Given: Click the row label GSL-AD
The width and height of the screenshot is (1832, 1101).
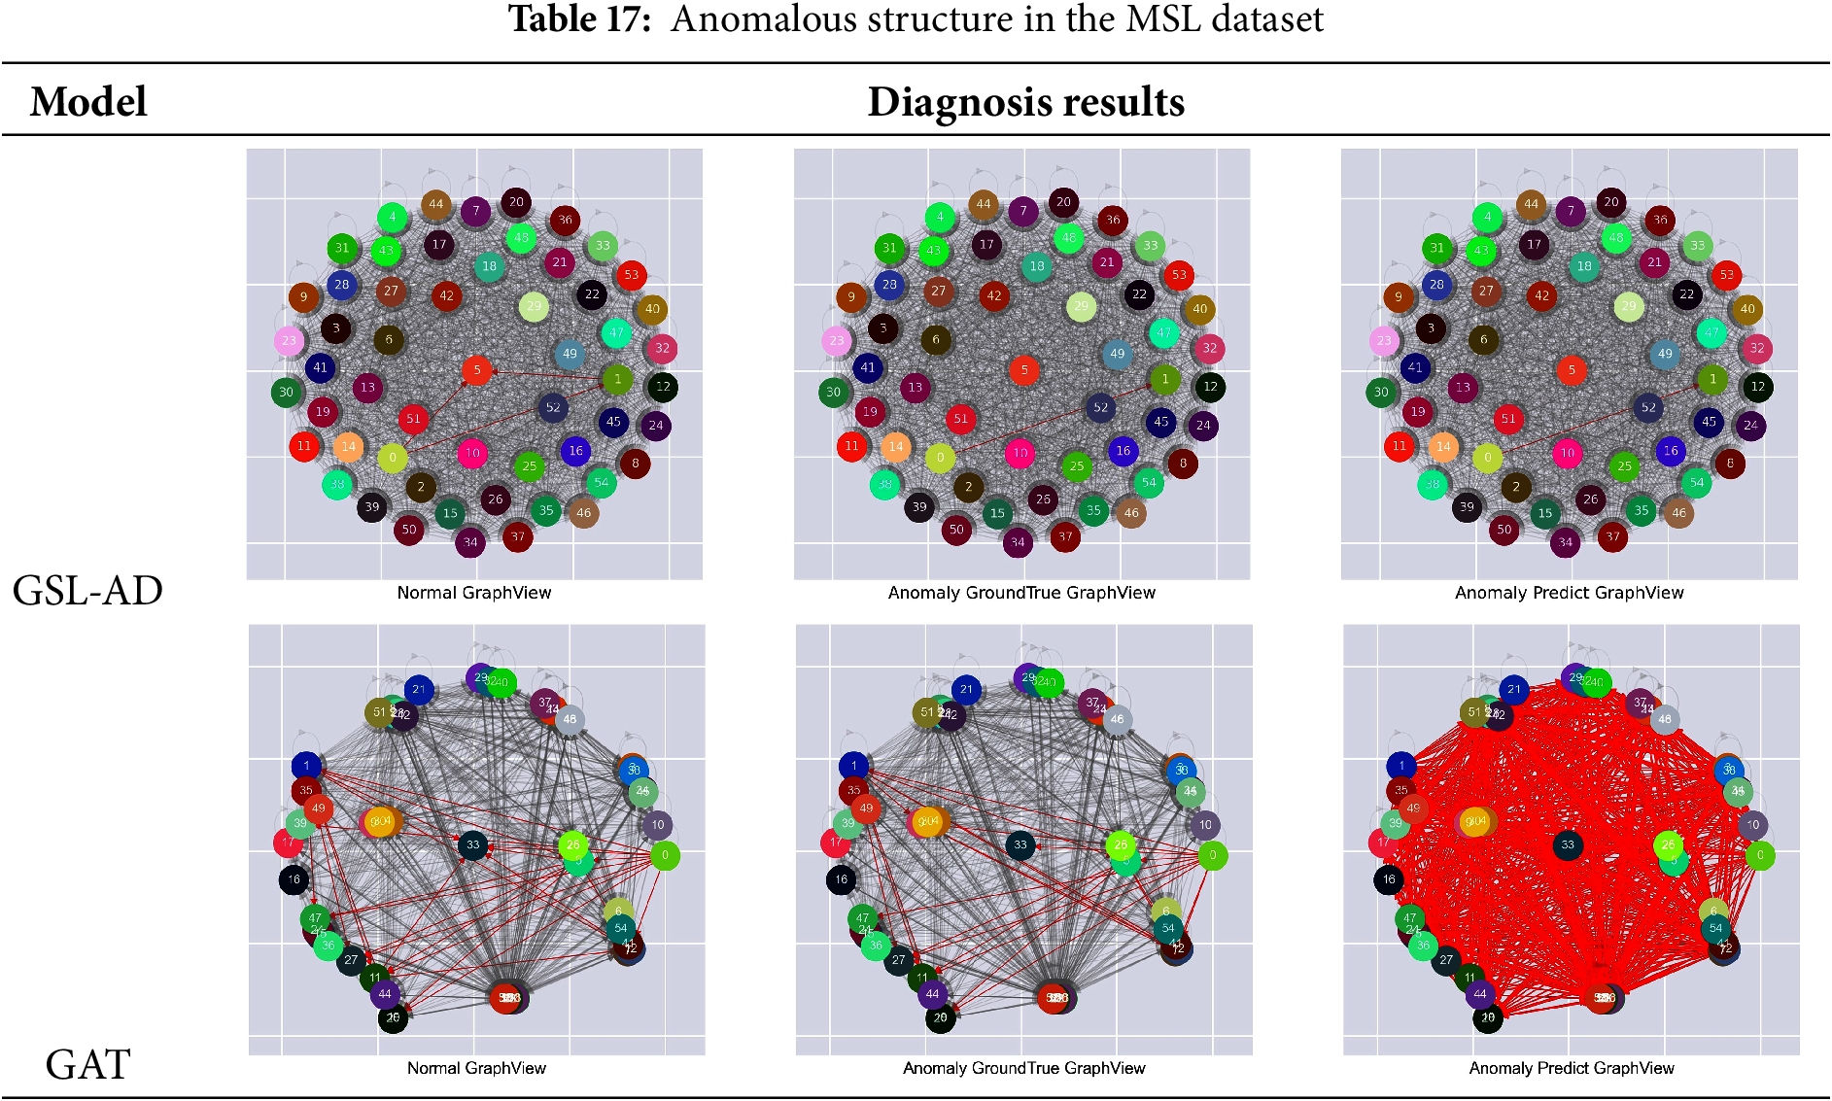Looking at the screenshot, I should click(x=87, y=591).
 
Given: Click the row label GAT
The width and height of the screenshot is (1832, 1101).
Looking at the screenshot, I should click(x=87, y=1065).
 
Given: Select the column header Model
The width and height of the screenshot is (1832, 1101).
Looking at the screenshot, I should click(x=88, y=102).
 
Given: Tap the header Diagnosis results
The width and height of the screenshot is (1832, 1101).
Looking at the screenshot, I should click(x=1025, y=102).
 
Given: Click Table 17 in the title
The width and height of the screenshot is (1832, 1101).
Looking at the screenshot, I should click(x=579, y=19).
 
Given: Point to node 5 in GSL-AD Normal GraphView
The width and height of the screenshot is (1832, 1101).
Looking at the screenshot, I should click(x=476, y=370).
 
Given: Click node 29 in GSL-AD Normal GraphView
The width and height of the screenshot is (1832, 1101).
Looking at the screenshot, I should click(x=534, y=307).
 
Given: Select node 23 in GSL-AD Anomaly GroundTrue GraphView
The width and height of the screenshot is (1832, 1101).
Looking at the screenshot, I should click(x=836, y=340).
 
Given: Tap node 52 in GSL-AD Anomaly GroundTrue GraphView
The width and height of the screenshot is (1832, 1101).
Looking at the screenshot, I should click(x=1100, y=408).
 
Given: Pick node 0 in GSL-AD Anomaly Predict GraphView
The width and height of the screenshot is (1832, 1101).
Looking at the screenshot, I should click(x=1487, y=458).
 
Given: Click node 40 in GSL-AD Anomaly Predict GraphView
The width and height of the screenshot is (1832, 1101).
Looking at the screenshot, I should click(x=1747, y=309).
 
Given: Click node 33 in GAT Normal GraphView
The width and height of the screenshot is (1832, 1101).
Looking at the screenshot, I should click(x=473, y=845).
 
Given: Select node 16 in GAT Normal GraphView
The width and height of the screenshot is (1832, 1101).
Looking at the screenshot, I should click(x=294, y=880).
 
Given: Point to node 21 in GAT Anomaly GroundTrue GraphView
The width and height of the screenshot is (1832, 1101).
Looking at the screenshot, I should click(x=966, y=690).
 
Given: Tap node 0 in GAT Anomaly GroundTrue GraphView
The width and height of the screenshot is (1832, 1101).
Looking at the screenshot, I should click(x=1212, y=856).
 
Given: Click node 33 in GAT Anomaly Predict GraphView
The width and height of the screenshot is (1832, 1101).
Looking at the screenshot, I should click(x=1568, y=845).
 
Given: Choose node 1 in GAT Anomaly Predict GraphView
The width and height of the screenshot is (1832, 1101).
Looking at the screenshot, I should click(x=1401, y=766).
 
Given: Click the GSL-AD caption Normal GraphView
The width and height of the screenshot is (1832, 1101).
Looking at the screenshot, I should click(x=474, y=593).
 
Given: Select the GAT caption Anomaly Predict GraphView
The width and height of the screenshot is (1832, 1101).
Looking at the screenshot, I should click(x=1572, y=1068).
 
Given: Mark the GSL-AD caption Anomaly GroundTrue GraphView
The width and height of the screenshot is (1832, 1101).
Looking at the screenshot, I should click(x=1021, y=593).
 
